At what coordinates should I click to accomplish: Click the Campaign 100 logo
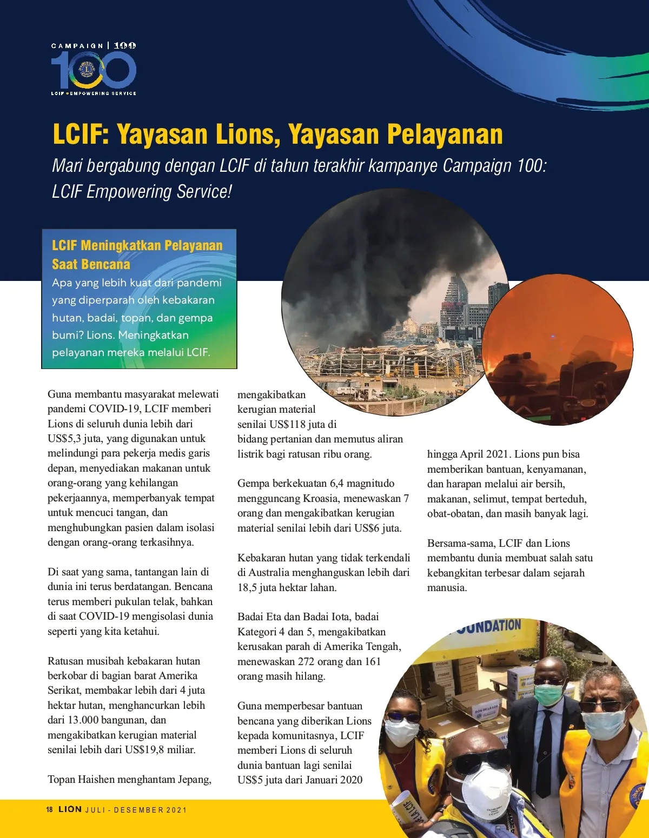[94, 69]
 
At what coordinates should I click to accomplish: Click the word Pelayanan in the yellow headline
[445, 134]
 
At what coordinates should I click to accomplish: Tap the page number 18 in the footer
[49, 809]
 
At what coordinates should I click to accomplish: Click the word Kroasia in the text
[321, 498]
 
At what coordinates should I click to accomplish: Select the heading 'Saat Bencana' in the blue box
[91, 264]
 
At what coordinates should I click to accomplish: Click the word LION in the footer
[70, 809]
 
